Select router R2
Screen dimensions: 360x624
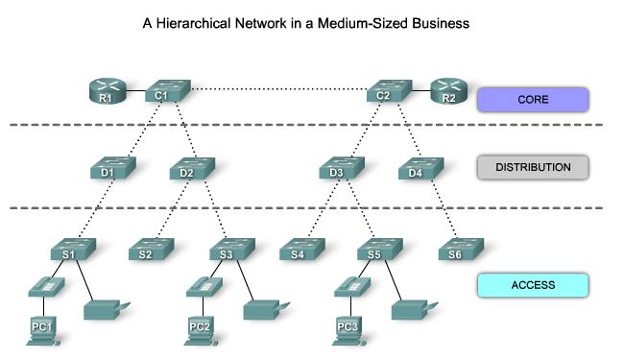(447, 93)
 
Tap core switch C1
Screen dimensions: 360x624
(166, 92)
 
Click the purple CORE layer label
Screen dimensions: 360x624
(532, 98)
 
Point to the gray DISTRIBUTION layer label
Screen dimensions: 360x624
(532, 167)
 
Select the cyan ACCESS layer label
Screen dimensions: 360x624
(532, 284)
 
